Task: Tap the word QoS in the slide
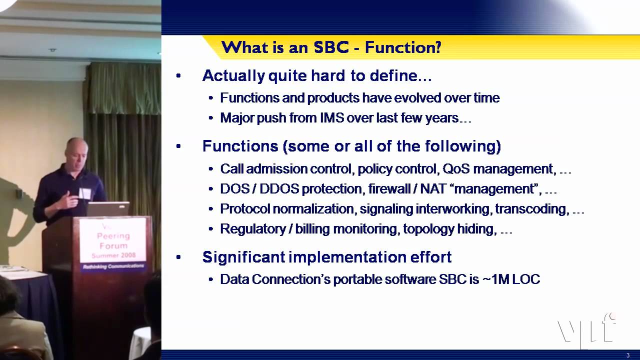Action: [x=456, y=169]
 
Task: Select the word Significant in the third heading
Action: [x=244, y=257]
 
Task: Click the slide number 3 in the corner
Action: [x=627, y=355]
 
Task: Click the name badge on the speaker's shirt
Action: [x=84, y=193]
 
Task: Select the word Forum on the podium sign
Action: [x=113, y=245]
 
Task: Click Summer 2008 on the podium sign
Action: [x=113, y=255]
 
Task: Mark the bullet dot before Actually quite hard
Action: [x=178, y=76]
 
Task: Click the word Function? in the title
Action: [x=403, y=47]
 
